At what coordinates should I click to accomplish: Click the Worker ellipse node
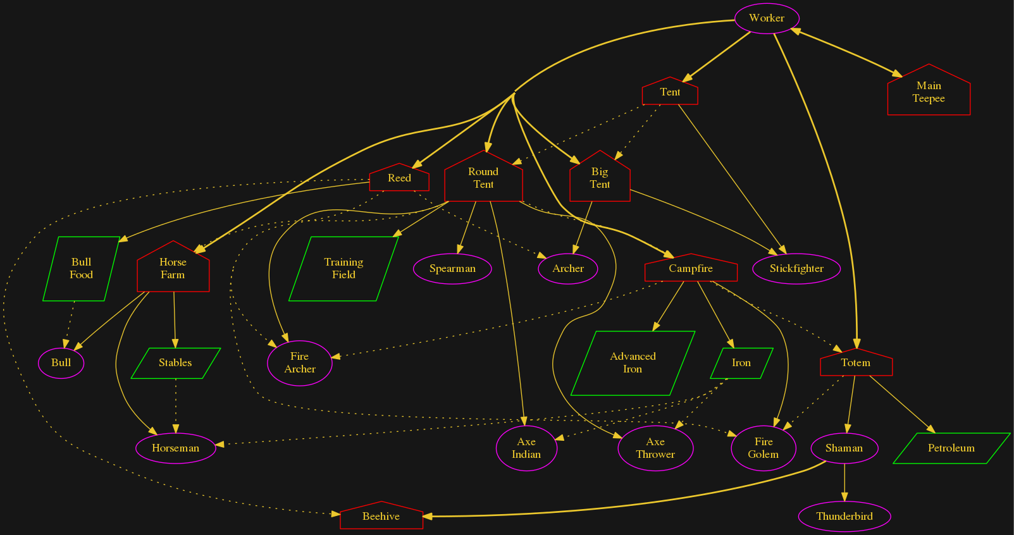click(767, 18)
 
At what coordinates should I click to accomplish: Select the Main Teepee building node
click(929, 92)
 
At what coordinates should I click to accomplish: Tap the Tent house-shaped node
click(670, 92)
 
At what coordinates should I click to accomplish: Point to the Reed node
click(399, 178)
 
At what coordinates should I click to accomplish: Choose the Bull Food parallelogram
click(81, 269)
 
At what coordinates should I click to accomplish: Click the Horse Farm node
click(173, 269)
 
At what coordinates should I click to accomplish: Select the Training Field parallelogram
click(343, 269)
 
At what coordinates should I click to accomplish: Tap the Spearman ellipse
click(452, 269)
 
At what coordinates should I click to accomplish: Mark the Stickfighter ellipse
click(796, 269)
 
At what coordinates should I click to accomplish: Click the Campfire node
click(691, 269)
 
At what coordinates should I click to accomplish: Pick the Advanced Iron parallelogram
click(633, 363)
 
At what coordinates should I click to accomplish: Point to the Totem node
click(856, 363)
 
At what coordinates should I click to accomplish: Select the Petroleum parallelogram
click(951, 448)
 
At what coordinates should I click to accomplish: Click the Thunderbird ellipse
click(844, 517)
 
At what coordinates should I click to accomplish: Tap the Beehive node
click(381, 517)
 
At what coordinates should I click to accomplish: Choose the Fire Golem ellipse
click(764, 448)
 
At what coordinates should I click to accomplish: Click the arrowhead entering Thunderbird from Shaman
click(844, 500)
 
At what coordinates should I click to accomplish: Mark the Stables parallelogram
click(175, 363)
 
